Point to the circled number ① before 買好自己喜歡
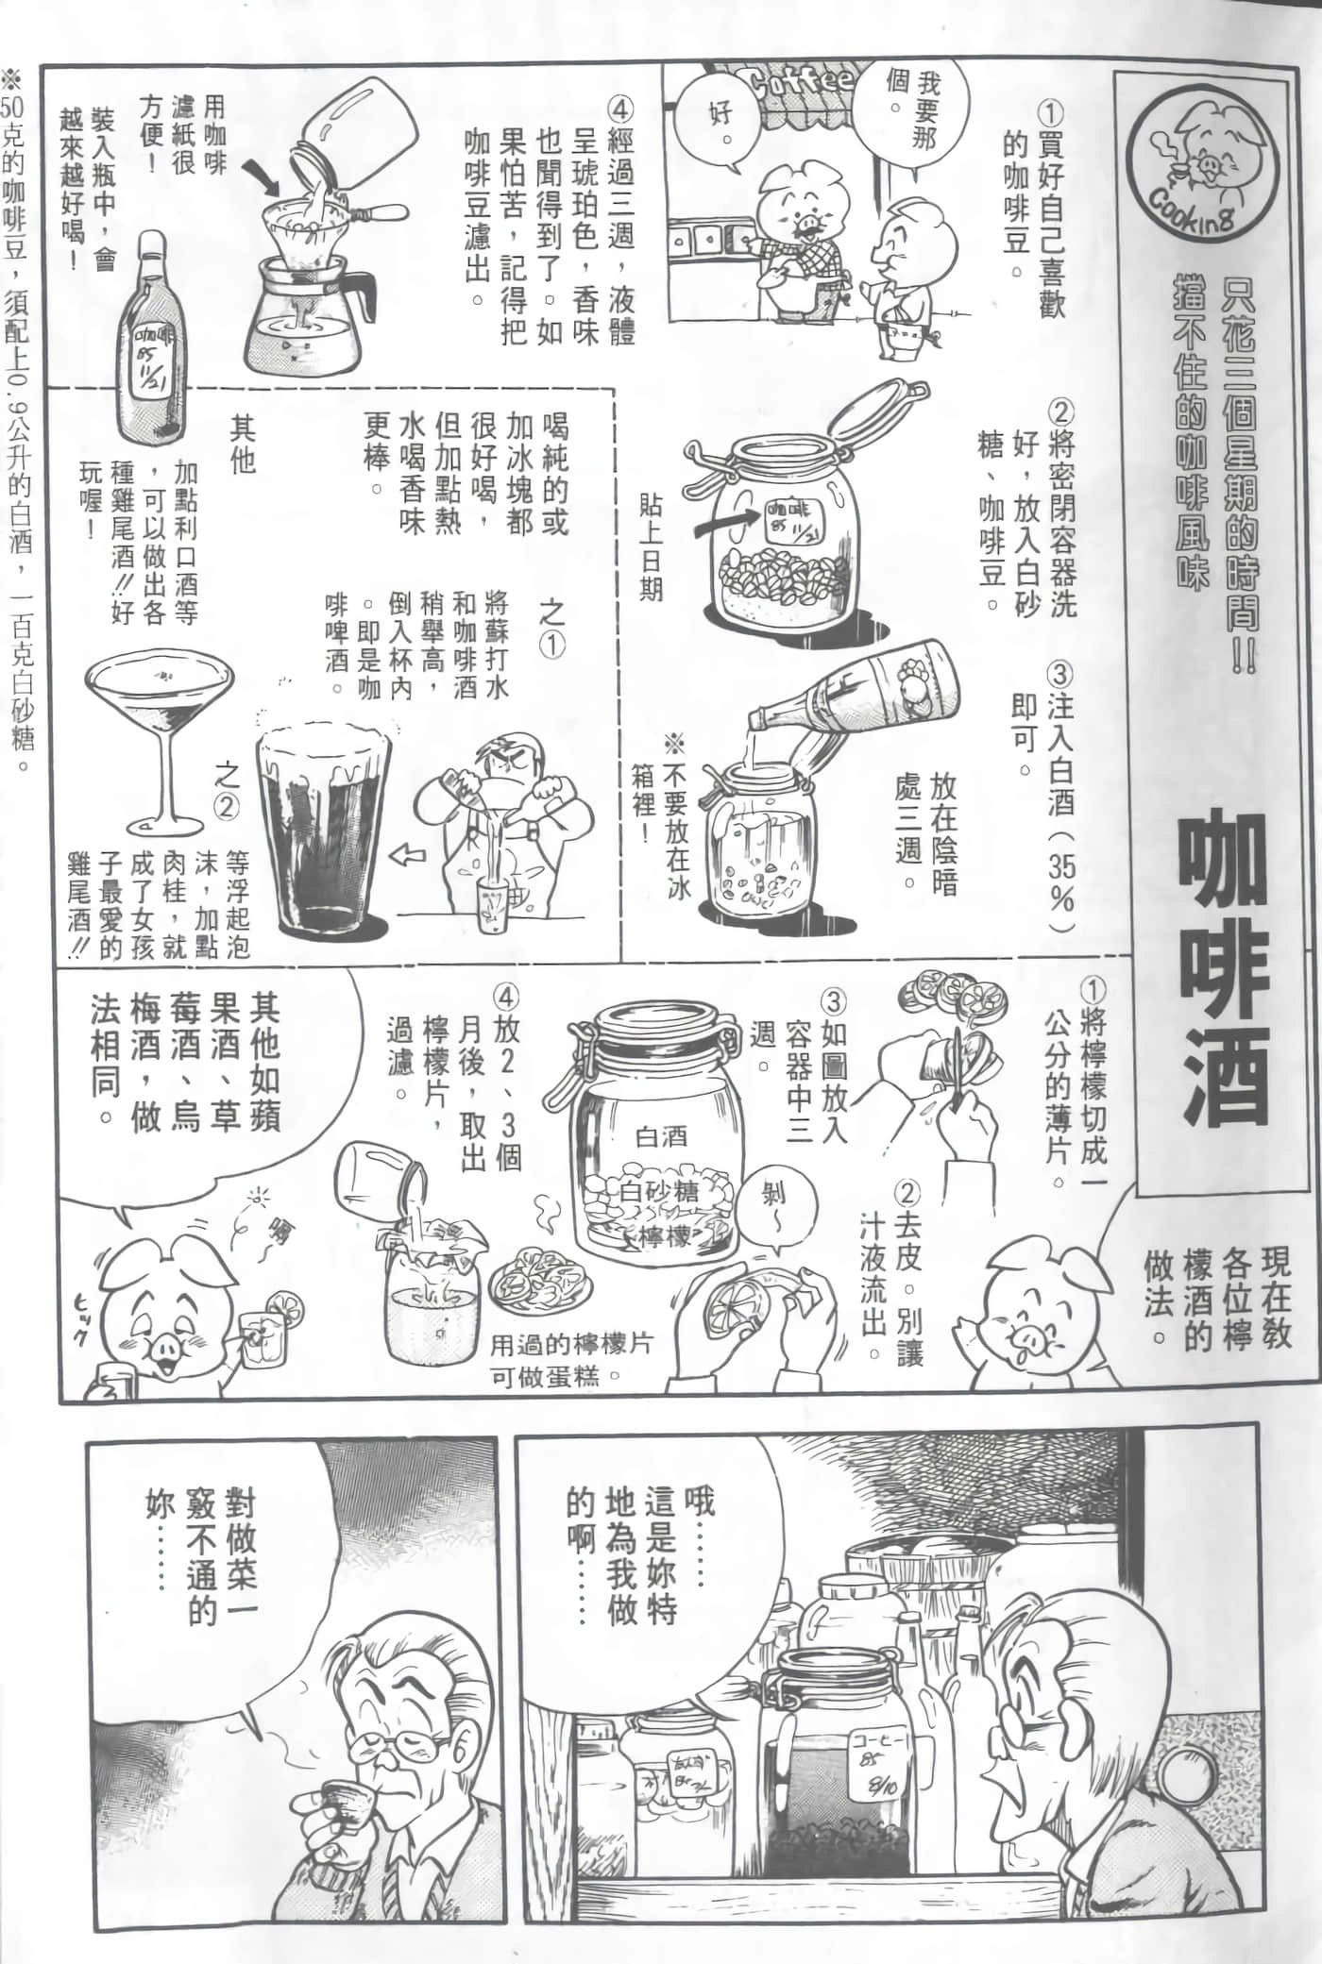(x=1049, y=115)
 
